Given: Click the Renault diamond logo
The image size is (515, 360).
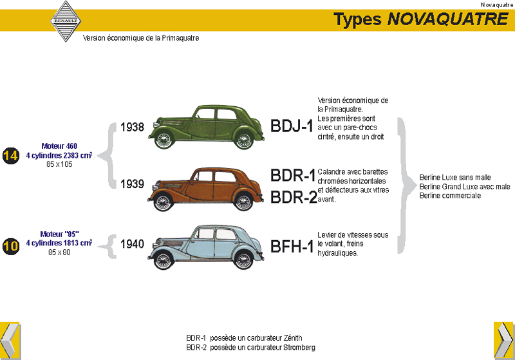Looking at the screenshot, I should [x=66, y=21].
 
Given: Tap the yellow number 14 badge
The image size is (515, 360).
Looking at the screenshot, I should [x=10, y=156].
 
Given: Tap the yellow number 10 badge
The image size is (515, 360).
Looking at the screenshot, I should [x=10, y=245].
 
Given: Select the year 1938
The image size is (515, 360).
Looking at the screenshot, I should [x=132, y=128].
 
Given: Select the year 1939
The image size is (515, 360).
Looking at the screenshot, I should [x=132, y=184].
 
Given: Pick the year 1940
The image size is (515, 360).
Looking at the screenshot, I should [x=132, y=244].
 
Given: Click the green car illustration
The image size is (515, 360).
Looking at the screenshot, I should [x=206, y=126].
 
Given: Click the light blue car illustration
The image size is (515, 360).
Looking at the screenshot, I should [x=206, y=246].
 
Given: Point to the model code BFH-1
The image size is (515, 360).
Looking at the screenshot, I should [x=293, y=245].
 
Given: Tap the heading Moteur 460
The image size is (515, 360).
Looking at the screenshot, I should [x=59, y=146].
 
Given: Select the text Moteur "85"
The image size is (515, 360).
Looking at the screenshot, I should [x=59, y=234].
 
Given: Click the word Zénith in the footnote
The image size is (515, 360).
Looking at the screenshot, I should [x=292, y=337].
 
